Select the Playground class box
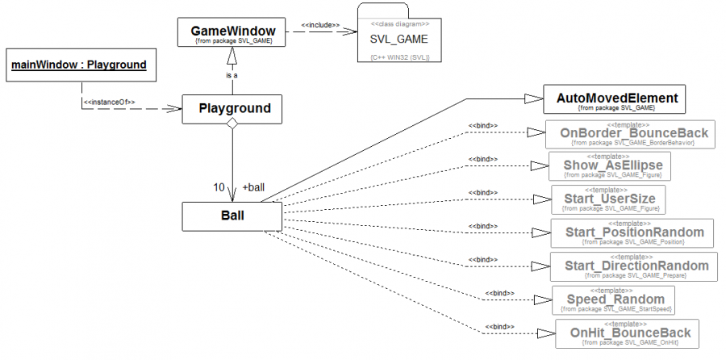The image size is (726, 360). point(232,108)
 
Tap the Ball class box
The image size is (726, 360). point(232,216)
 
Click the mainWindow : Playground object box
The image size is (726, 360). point(77,66)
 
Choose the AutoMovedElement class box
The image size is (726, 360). point(616,100)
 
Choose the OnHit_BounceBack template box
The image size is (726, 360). point(628,333)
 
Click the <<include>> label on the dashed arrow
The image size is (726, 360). point(319,24)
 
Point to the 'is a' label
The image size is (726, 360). point(232,75)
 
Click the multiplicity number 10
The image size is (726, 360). point(219,187)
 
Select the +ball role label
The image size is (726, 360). point(252,187)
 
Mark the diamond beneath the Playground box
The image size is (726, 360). point(232,124)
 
